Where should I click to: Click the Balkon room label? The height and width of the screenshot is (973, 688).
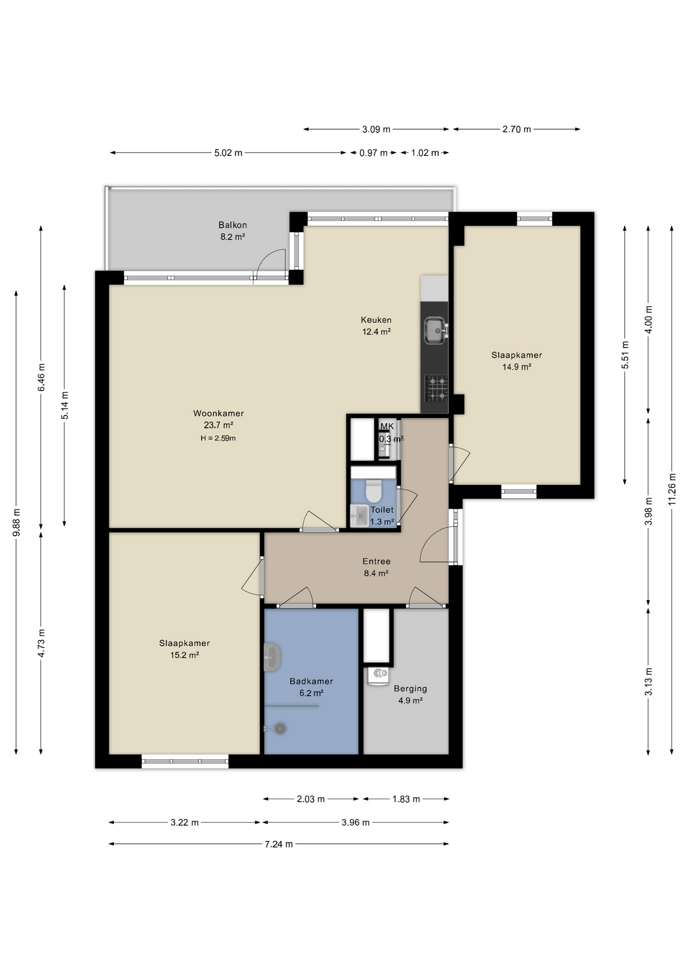(x=233, y=225)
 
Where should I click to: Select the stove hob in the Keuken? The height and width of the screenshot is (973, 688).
(x=436, y=388)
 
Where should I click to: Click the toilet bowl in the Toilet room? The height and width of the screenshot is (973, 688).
(x=374, y=491)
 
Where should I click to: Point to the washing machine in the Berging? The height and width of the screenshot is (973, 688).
(x=377, y=676)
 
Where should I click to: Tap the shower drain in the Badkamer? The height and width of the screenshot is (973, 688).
(x=280, y=728)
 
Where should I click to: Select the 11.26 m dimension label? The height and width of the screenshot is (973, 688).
(x=672, y=489)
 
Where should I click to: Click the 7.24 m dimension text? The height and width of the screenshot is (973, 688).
(x=279, y=844)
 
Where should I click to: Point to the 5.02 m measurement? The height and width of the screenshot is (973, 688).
(x=228, y=153)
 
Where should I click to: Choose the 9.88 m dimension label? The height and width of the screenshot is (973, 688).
(x=16, y=522)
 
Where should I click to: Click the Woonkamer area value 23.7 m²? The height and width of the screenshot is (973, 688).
(x=218, y=425)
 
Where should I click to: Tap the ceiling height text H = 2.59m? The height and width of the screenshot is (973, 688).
(x=218, y=438)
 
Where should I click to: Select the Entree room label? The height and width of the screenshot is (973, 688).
(x=376, y=561)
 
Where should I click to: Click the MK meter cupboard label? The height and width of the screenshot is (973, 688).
(x=387, y=426)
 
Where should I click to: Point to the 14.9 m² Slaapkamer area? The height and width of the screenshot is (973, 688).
(x=517, y=367)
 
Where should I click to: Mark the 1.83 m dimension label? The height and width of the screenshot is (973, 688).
(x=406, y=799)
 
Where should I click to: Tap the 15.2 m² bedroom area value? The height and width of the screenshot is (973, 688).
(x=184, y=655)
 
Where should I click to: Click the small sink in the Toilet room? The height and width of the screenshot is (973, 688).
(x=360, y=516)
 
